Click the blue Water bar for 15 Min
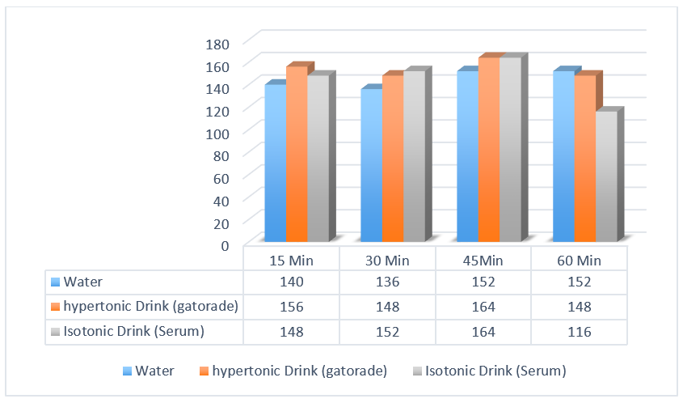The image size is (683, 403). point(275,162)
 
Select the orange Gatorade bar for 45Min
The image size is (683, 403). point(488,150)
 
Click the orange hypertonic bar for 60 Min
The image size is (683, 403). point(584,158)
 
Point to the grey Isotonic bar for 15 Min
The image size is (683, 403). point(318,158)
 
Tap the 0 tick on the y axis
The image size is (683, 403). point(226,244)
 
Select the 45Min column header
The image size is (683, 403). point(483,261)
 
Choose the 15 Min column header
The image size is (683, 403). point(291,261)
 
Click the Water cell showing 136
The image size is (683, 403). point(386,282)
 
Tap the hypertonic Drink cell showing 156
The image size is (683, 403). point(291,307)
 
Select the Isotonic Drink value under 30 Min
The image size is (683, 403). point(386,331)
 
